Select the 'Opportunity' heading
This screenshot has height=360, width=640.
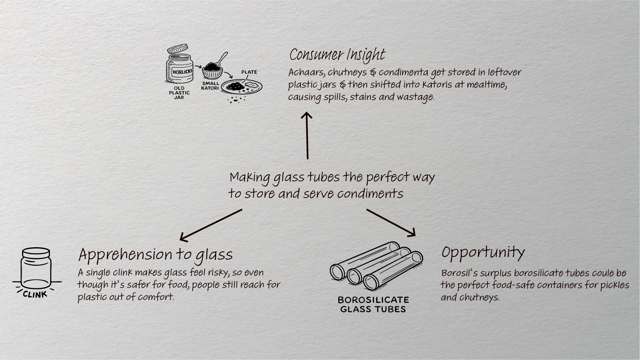pos(483,252)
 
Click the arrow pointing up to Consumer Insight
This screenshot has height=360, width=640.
pos(307,136)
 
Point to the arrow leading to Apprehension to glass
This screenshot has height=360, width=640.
pos(211,225)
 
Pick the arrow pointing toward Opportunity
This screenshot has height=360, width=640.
pos(391,223)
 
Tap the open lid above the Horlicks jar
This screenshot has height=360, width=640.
pos(178,49)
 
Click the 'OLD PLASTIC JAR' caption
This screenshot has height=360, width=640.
pos(179,93)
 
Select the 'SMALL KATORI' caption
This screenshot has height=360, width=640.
pos(210,86)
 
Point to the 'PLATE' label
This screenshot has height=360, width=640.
pos(249,72)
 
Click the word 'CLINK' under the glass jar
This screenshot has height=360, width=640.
pos(35,294)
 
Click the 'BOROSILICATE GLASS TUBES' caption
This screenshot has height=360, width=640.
pos(373,304)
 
